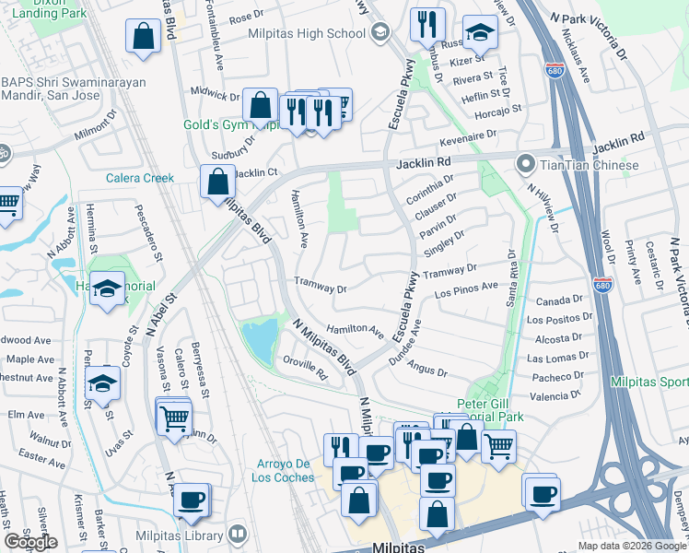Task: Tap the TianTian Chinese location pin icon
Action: [x=526, y=165]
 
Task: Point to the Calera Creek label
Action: [x=140, y=178]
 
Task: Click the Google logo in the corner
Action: [x=30, y=542]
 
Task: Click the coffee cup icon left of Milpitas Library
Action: [x=191, y=500]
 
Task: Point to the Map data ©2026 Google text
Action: [x=631, y=546]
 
